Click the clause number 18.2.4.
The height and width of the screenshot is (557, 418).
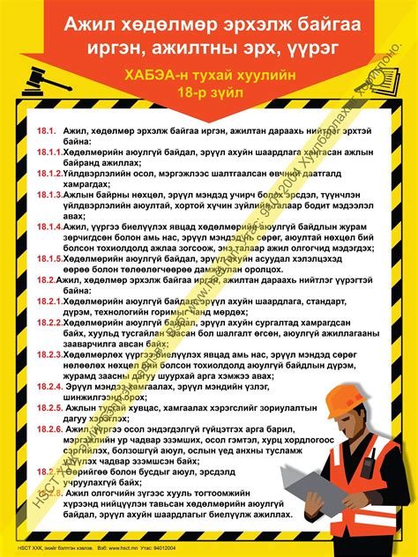click(x=50, y=385)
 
